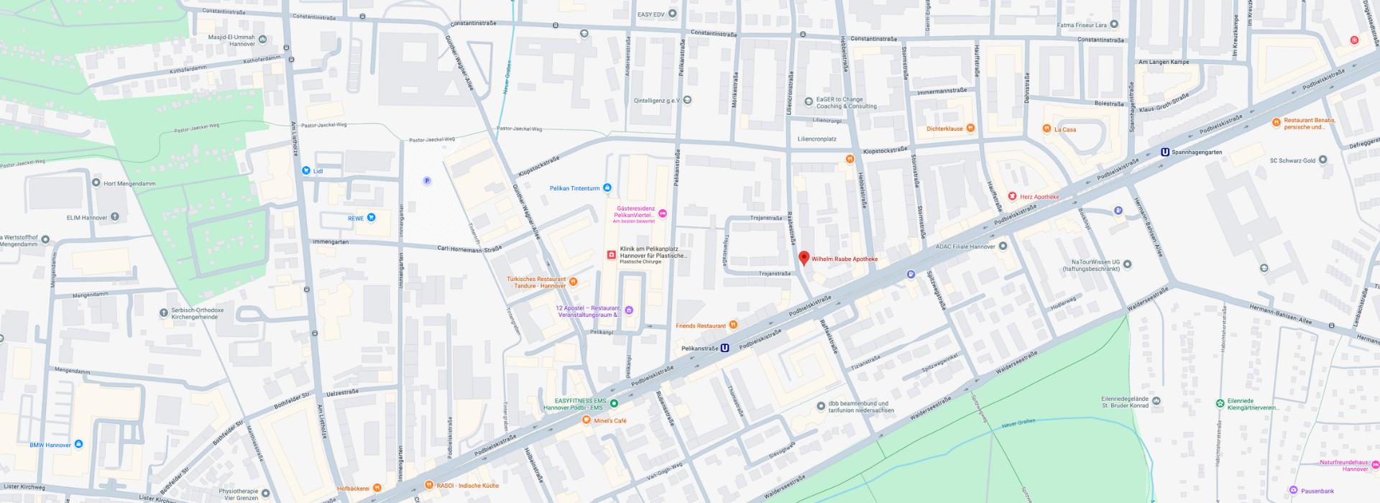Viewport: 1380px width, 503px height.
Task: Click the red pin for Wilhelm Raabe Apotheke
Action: click(804, 257)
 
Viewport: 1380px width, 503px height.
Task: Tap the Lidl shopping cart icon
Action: click(306, 171)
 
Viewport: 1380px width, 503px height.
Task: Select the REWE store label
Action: click(356, 218)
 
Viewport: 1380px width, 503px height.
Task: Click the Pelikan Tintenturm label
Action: click(574, 188)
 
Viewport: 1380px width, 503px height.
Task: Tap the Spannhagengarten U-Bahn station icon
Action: click(1165, 152)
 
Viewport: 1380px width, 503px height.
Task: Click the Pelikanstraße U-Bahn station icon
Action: click(724, 349)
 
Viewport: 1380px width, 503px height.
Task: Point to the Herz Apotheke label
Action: click(1039, 197)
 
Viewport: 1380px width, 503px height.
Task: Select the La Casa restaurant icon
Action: click(1046, 129)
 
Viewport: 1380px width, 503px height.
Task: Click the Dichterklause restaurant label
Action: click(944, 129)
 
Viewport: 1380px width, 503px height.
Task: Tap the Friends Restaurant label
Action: click(701, 326)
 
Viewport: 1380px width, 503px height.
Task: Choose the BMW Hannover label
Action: click(50, 446)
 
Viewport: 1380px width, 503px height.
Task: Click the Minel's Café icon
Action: click(586, 420)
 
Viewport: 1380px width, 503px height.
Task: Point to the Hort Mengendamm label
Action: click(129, 184)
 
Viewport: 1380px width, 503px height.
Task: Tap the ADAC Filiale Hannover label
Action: click(965, 246)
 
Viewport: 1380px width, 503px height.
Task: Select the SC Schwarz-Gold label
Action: click(1292, 161)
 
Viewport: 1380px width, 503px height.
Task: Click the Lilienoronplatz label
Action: click(816, 139)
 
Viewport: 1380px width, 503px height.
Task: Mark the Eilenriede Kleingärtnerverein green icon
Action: click(1220, 403)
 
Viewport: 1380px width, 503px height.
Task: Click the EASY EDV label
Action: click(651, 14)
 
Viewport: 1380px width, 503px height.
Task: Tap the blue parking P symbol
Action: click(427, 181)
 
